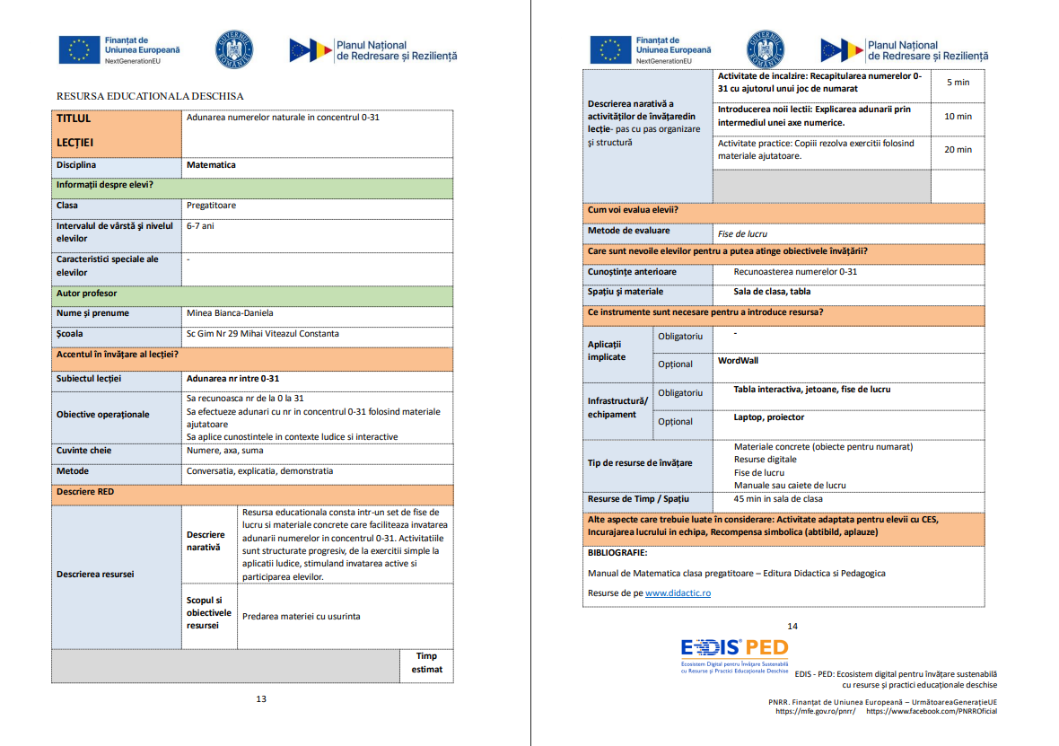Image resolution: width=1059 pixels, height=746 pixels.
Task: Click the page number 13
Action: click(x=261, y=698)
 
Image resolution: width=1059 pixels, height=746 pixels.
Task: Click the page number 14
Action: click(x=792, y=627)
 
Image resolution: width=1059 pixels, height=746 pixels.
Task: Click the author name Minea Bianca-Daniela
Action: click(x=230, y=313)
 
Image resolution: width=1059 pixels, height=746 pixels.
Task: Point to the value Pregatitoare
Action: click(x=212, y=206)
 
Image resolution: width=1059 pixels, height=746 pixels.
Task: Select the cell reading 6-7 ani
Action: click(x=200, y=226)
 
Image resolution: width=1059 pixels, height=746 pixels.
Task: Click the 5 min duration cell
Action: click(x=958, y=83)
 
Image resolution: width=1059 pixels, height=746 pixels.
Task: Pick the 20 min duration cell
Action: click(x=958, y=150)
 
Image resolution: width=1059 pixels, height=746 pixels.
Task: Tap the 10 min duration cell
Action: click(x=958, y=117)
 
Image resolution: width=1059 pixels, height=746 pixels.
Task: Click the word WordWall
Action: click(x=739, y=360)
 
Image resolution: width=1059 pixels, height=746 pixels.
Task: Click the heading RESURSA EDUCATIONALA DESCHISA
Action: click(x=150, y=96)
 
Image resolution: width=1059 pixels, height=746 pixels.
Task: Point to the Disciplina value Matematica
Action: click(x=212, y=165)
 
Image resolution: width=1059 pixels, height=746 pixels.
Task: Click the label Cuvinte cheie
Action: click(x=84, y=451)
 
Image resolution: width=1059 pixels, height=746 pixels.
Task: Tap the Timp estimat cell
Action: click(x=426, y=663)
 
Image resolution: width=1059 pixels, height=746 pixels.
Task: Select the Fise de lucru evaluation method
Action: click(x=742, y=234)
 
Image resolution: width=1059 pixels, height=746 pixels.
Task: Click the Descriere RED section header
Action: click(x=85, y=492)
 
